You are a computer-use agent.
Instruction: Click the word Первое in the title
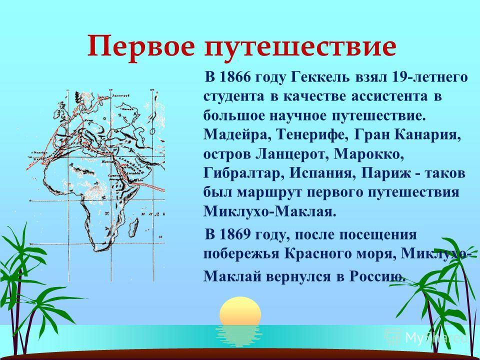tap(141, 46)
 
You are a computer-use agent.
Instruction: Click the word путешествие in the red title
tap(300, 48)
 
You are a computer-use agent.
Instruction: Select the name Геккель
tap(318, 77)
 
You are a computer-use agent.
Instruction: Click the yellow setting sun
tap(240, 311)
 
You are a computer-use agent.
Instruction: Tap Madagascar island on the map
tap(133, 227)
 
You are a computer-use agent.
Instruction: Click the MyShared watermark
tap(426, 337)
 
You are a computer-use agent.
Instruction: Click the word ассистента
tap(389, 96)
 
